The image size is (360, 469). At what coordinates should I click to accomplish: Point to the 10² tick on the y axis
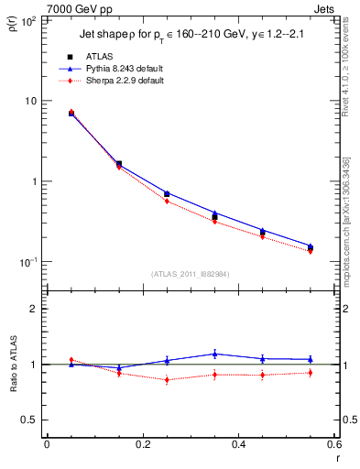tap(27, 20)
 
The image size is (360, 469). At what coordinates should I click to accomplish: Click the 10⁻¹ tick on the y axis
tap(27, 262)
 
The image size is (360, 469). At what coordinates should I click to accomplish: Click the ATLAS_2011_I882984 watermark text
tap(191, 273)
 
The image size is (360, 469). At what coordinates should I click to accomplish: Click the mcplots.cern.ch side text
tap(351, 220)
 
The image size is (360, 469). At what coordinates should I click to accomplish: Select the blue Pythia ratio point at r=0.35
tap(214, 354)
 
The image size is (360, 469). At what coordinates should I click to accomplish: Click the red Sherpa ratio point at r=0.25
tap(167, 379)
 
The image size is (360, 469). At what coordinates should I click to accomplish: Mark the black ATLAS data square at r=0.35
tap(214, 217)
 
